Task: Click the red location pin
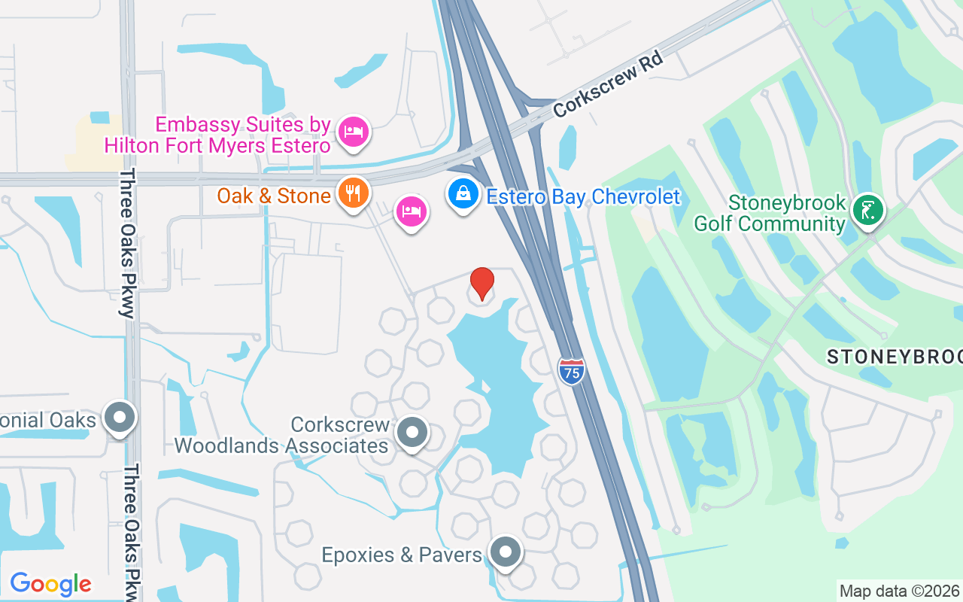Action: [x=481, y=283]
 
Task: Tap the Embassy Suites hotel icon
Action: [x=354, y=132]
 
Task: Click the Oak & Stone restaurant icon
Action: [x=352, y=193]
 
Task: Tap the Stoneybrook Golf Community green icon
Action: [x=868, y=208]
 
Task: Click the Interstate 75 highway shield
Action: [x=572, y=371]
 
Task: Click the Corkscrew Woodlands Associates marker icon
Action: [x=412, y=433]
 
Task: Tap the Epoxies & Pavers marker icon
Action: [x=506, y=553]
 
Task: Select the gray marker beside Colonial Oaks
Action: [x=119, y=418]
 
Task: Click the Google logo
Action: [x=50, y=584]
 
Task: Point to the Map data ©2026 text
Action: [x=899, y=591]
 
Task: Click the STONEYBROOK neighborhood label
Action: [x=894, y=357]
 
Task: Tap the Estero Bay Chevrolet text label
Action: [x=583, y=197]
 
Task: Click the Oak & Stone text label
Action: [x=274, y=196]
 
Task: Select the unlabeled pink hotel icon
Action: [x=411, y=211]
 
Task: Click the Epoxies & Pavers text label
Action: [x=401, y=555]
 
